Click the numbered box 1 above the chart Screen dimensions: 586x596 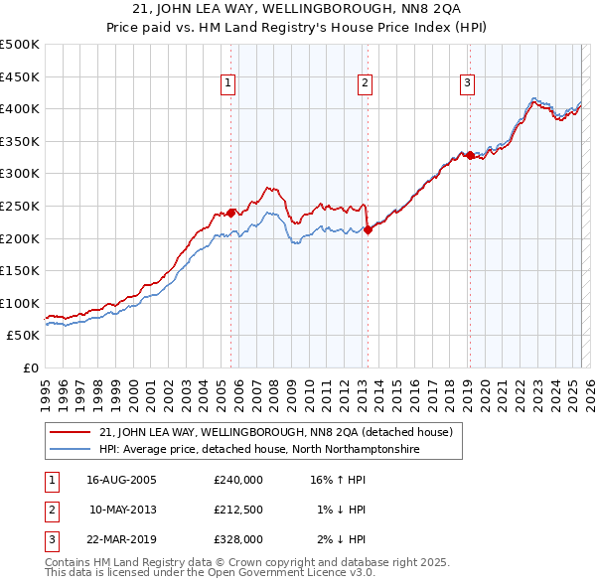tap(229, 84)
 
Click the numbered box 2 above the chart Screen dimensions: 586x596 tap(366, 84)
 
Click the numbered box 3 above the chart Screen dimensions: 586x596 tap(467, 84)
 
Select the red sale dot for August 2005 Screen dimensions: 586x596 tap(231, 213)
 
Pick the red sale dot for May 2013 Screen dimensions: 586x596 tap(368, 229)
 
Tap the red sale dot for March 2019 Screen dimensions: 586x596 tap(470, 155)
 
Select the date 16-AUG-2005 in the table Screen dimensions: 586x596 tap(121, 480)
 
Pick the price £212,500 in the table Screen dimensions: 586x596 tap(237, 510)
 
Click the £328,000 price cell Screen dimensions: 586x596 tap(237, 539)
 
